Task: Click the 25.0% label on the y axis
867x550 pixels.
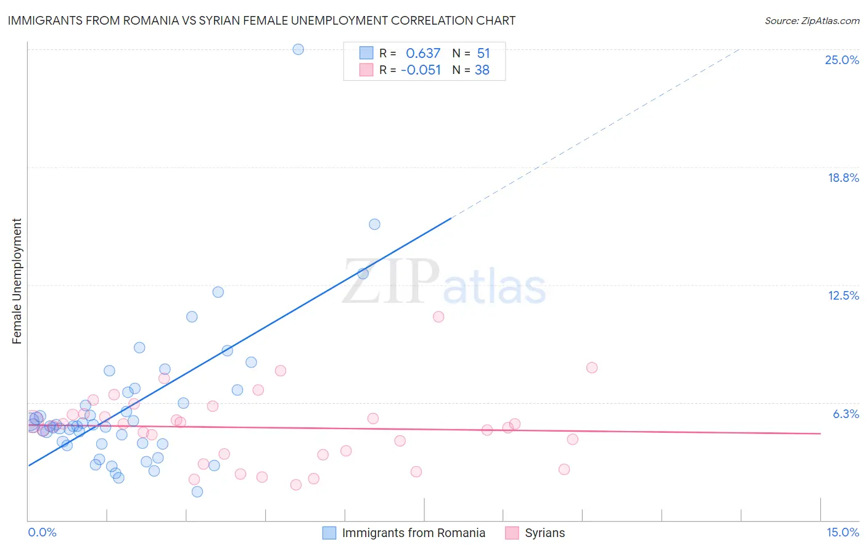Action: click(842, 60)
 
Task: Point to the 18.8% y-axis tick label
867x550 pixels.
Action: click(843, 178)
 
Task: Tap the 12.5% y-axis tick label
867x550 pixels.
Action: click(843, 295)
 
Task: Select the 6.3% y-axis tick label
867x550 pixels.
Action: click(845, 414)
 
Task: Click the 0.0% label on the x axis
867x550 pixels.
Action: click(42, 532)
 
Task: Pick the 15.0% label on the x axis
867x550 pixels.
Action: click(842, 532)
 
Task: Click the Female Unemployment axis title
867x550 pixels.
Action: click(17, 281)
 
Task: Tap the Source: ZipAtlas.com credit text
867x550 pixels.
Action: click(812, 20)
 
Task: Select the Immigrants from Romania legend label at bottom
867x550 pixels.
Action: click(413, 533)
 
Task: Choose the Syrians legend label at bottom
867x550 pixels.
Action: click(544, 533)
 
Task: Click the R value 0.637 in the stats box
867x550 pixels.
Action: click(423, 53)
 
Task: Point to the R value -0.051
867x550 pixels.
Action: click(421, 70)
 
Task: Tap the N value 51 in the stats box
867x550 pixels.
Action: click(483, 53)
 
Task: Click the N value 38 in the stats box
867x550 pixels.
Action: click(482, 70)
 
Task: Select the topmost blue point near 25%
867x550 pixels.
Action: click(298, 49)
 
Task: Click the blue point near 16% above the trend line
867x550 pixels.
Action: click(374, 224)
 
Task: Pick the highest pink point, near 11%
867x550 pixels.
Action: click(438, 317)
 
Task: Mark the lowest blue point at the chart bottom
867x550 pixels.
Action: click(197, 491)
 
